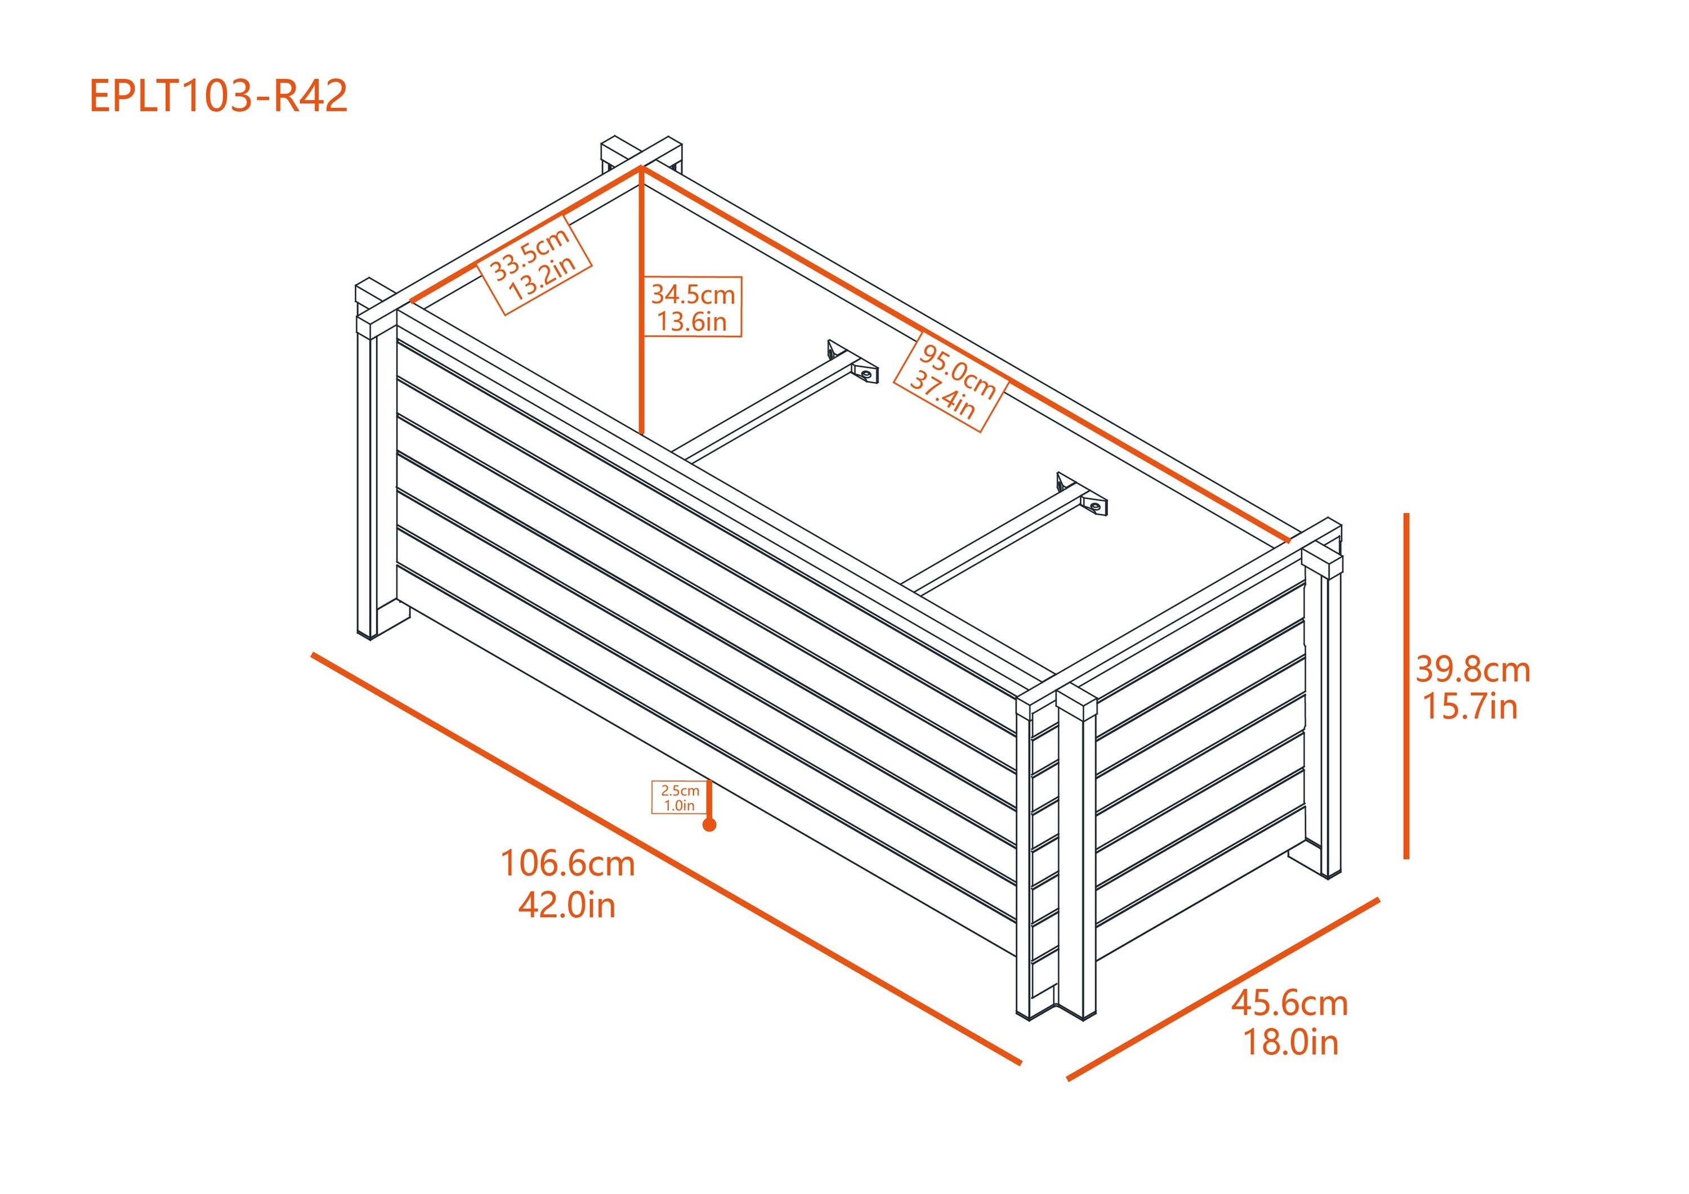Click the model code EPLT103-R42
[x=218, y=96]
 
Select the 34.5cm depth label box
[x=692, y=307]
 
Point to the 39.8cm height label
[x=1472, y=670]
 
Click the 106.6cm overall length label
[x=567, y=863]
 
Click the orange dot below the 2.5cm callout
[x=709, y=825]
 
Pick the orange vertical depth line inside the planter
[x=641, y=302]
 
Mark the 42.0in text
[x=566, y=905]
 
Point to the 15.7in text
[x=1470, y=707]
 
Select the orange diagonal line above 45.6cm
[x=1221, y=989]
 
